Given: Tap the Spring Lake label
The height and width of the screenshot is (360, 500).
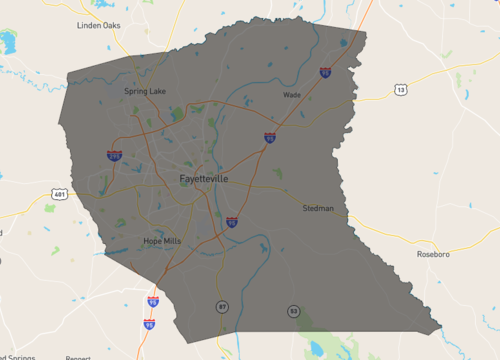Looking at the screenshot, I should (x=145, y=91).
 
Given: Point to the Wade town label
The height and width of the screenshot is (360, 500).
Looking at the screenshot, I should (x=292, y=95).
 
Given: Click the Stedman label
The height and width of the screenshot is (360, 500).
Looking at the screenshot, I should (x=318, y=209).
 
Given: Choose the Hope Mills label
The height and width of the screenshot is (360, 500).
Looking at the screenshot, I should (x=162, y=241).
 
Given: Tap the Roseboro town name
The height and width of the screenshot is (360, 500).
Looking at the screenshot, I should (x=436, y=254).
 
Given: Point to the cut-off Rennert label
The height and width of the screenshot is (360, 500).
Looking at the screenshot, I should (x=78, y=357).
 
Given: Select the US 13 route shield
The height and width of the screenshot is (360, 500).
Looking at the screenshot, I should (x=400, y=90).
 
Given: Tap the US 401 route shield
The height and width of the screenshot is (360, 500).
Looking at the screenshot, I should (x=61, y=194).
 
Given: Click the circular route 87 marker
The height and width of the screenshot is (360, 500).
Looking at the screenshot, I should (x=223, y=306).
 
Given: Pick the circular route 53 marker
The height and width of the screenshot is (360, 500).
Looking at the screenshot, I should (x=293, y=311).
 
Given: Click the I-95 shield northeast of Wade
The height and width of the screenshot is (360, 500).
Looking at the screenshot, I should (x=326, y=72).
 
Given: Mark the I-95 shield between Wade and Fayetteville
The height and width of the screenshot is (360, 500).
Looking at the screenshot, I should (x=270, y=136).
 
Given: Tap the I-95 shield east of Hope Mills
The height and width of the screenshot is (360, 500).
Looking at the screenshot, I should (x=231, y=222).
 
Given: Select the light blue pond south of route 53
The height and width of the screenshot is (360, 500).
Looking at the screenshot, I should (x=318, y=348).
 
